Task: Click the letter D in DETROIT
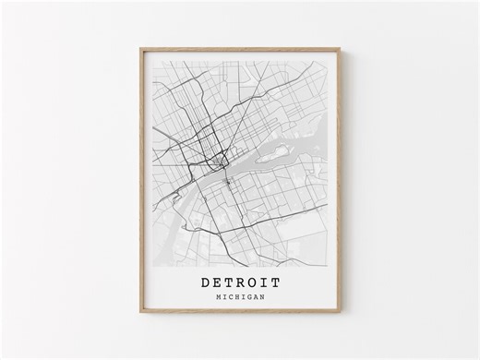tap(202, 282)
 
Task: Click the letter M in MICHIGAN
tap(215, 297)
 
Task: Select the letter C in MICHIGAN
tap(228, 297)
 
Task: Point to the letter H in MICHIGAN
tap(234, 297)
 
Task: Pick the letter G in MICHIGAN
tap(247, 297)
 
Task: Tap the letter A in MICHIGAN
tap(254, 297)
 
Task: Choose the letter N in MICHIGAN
tap(261, 297)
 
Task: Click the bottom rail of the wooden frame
tap(240, 312)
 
